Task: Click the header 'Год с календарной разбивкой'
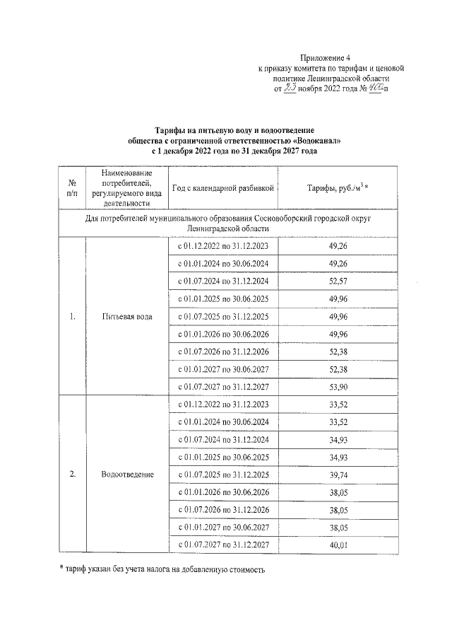coord(222,187)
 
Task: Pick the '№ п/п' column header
coord(72,187)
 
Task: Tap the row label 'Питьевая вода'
coord(126,316)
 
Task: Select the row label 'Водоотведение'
coord(126,474)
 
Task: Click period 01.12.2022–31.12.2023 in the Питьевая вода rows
coord(222,246)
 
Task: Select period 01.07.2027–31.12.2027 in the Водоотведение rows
coord(222,545)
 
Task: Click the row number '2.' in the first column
coord(72,474)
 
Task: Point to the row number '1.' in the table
coord(72,316)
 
